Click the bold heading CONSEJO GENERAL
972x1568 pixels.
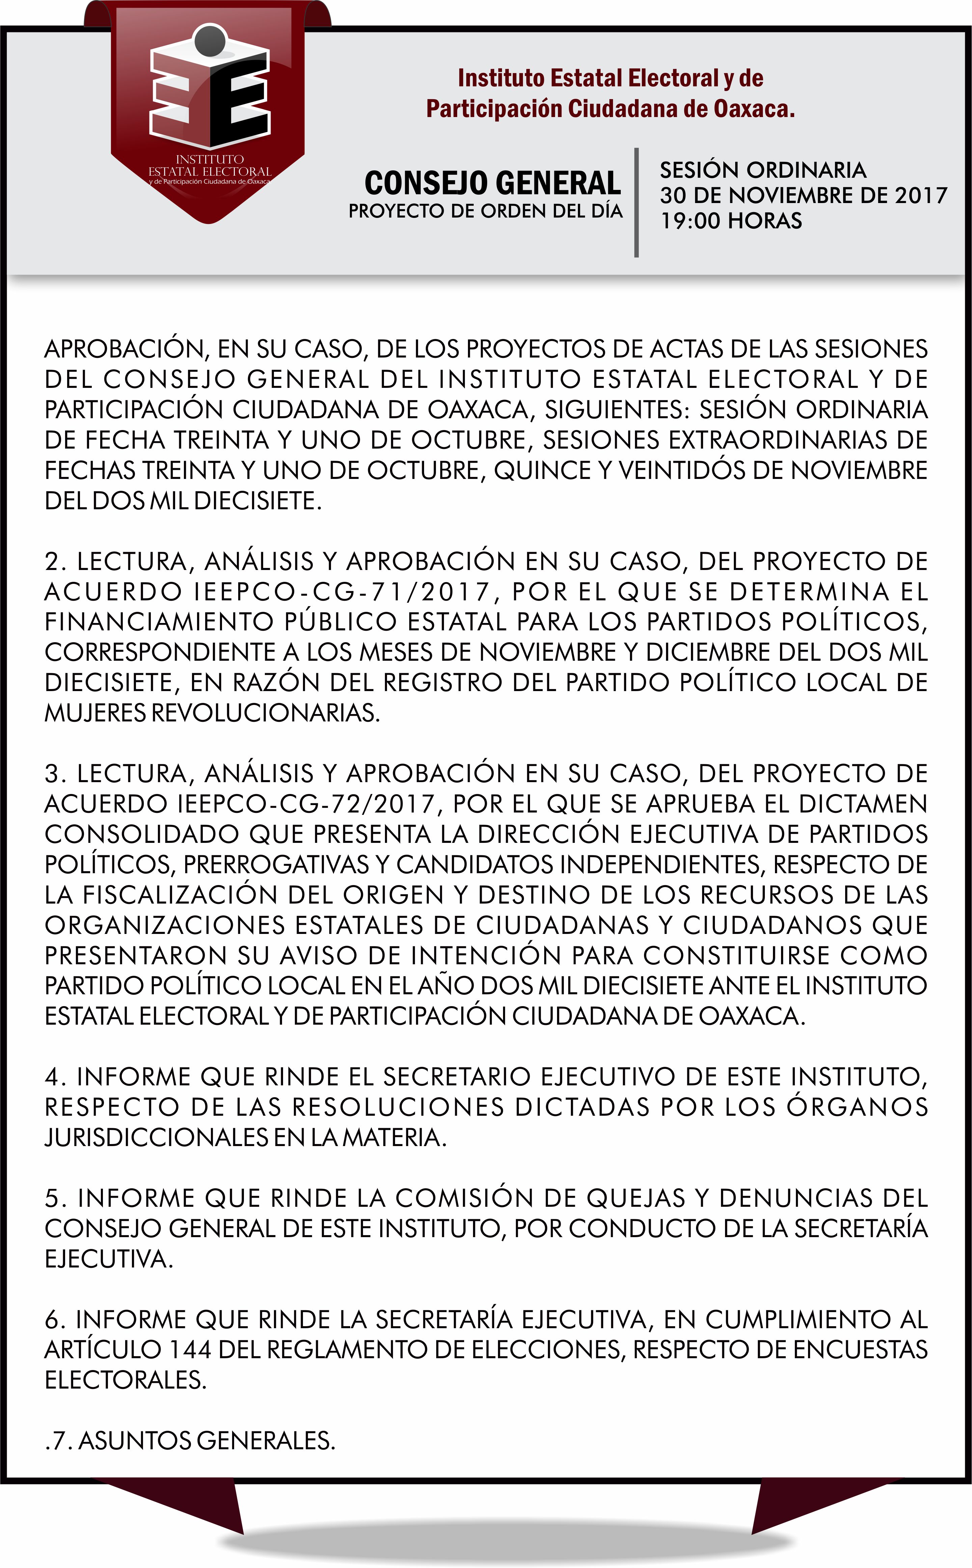[493, 183]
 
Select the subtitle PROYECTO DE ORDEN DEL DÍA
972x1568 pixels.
[485, 211]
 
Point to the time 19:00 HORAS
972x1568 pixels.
[731, 221]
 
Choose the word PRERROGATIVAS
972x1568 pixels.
[276, 864]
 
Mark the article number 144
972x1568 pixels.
[190, 1349]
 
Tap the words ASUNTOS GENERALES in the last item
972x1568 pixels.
[206, 1441]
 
